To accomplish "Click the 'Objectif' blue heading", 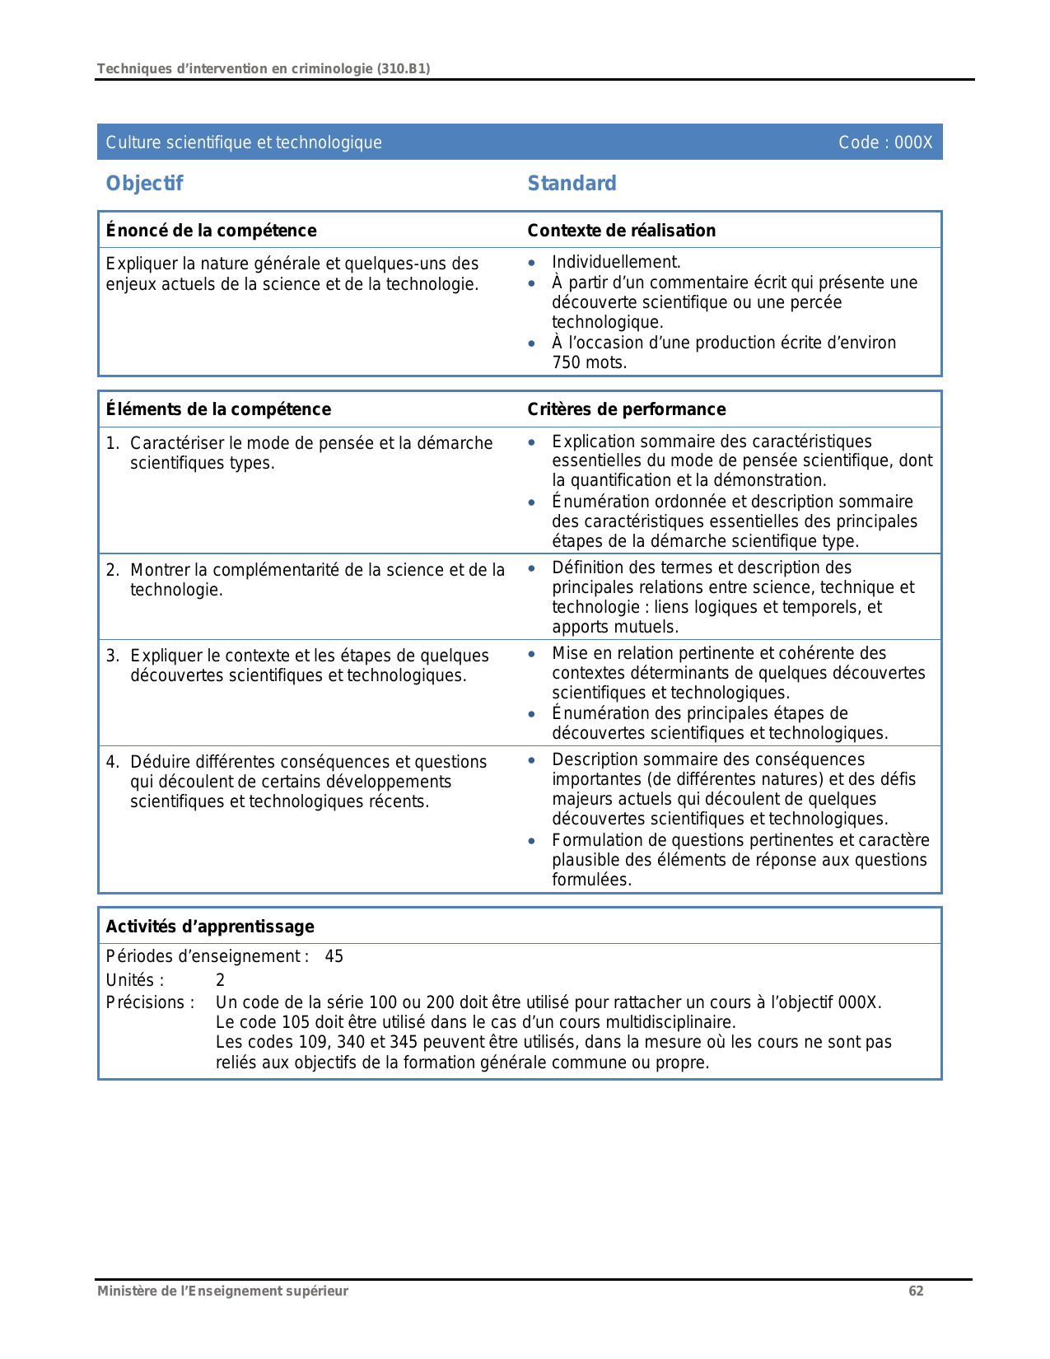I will tap(144, 184).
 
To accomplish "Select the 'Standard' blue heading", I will tap(572, 184).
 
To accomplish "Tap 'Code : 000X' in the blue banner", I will tap(885, 142).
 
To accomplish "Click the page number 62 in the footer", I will tap(916, 1291).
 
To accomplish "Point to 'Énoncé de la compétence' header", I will tap(211, 231).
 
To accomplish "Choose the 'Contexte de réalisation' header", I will tap(621, 231).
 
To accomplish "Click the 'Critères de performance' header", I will tap(626, 409).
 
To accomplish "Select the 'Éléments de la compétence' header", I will tap(218, 409).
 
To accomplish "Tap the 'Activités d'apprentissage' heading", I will tap(210, 927).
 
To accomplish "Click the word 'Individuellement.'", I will tap(616, 262).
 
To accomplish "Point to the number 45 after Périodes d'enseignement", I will tap(334, 956).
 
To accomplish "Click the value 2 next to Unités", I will tap(220, 980).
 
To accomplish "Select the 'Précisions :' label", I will tap(150, 1002).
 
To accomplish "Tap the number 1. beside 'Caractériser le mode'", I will tap(113, 443).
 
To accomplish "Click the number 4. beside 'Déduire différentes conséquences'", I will tap(113, 762).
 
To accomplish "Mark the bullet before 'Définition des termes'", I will tap(532, 568).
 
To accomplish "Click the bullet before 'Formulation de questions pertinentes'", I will tap(532, 841).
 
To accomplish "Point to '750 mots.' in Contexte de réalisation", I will tap(590, 362).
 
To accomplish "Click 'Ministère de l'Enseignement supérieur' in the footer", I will tap(222, 1291).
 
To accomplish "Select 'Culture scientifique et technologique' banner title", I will tap(244, 142).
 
